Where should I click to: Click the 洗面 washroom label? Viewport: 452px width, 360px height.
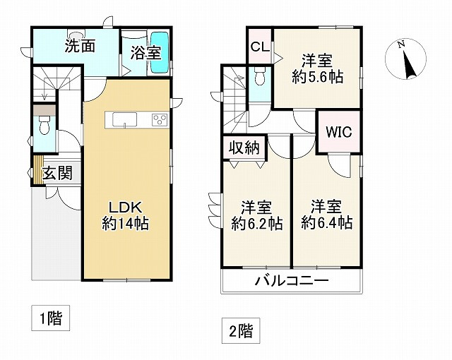[80, 49]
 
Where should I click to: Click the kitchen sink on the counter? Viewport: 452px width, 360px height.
[124, 120]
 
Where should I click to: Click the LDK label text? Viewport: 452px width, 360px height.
[126, 208]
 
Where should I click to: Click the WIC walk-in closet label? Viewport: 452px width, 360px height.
[338, 131]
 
